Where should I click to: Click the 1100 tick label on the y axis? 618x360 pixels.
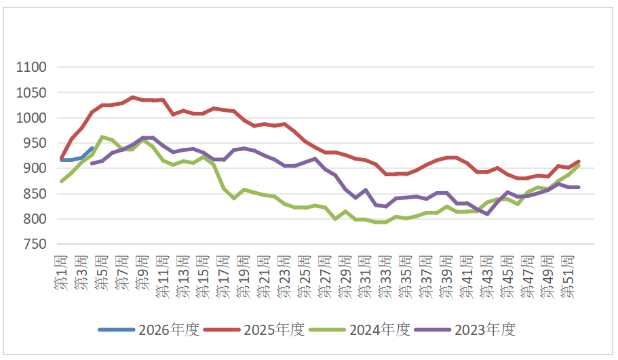click(x=32, y=67)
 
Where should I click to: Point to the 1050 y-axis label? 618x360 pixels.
click(x=32, y=93)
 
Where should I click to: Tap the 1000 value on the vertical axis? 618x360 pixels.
click(x=32, y=118)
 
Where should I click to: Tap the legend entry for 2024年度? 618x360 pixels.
click(x=360, y=330)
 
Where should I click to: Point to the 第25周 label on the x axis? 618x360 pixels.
click(x=305, y=275)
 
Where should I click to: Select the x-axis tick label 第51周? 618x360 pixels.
click(x=568, y=275)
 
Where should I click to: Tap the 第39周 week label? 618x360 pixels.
click(x=446, y=275)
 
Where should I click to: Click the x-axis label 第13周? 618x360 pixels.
click(x=182, y=275)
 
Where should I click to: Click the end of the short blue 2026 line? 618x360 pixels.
click(x=92, y=148)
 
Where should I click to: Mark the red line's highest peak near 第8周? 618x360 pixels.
click(x=132, y=98)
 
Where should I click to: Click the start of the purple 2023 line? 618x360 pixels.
click(x=92, y=163)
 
